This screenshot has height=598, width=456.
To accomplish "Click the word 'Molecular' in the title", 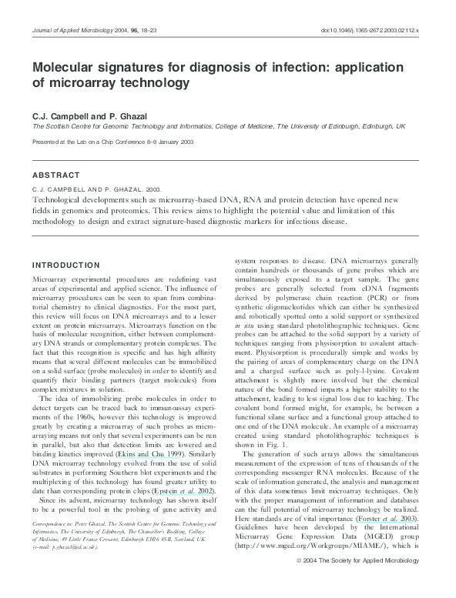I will click(65, 68).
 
